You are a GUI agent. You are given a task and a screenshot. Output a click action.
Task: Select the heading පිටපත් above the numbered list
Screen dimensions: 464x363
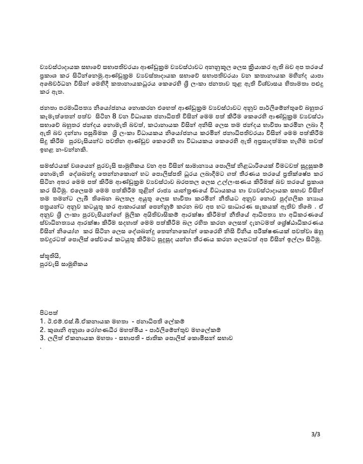[49, 311]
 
